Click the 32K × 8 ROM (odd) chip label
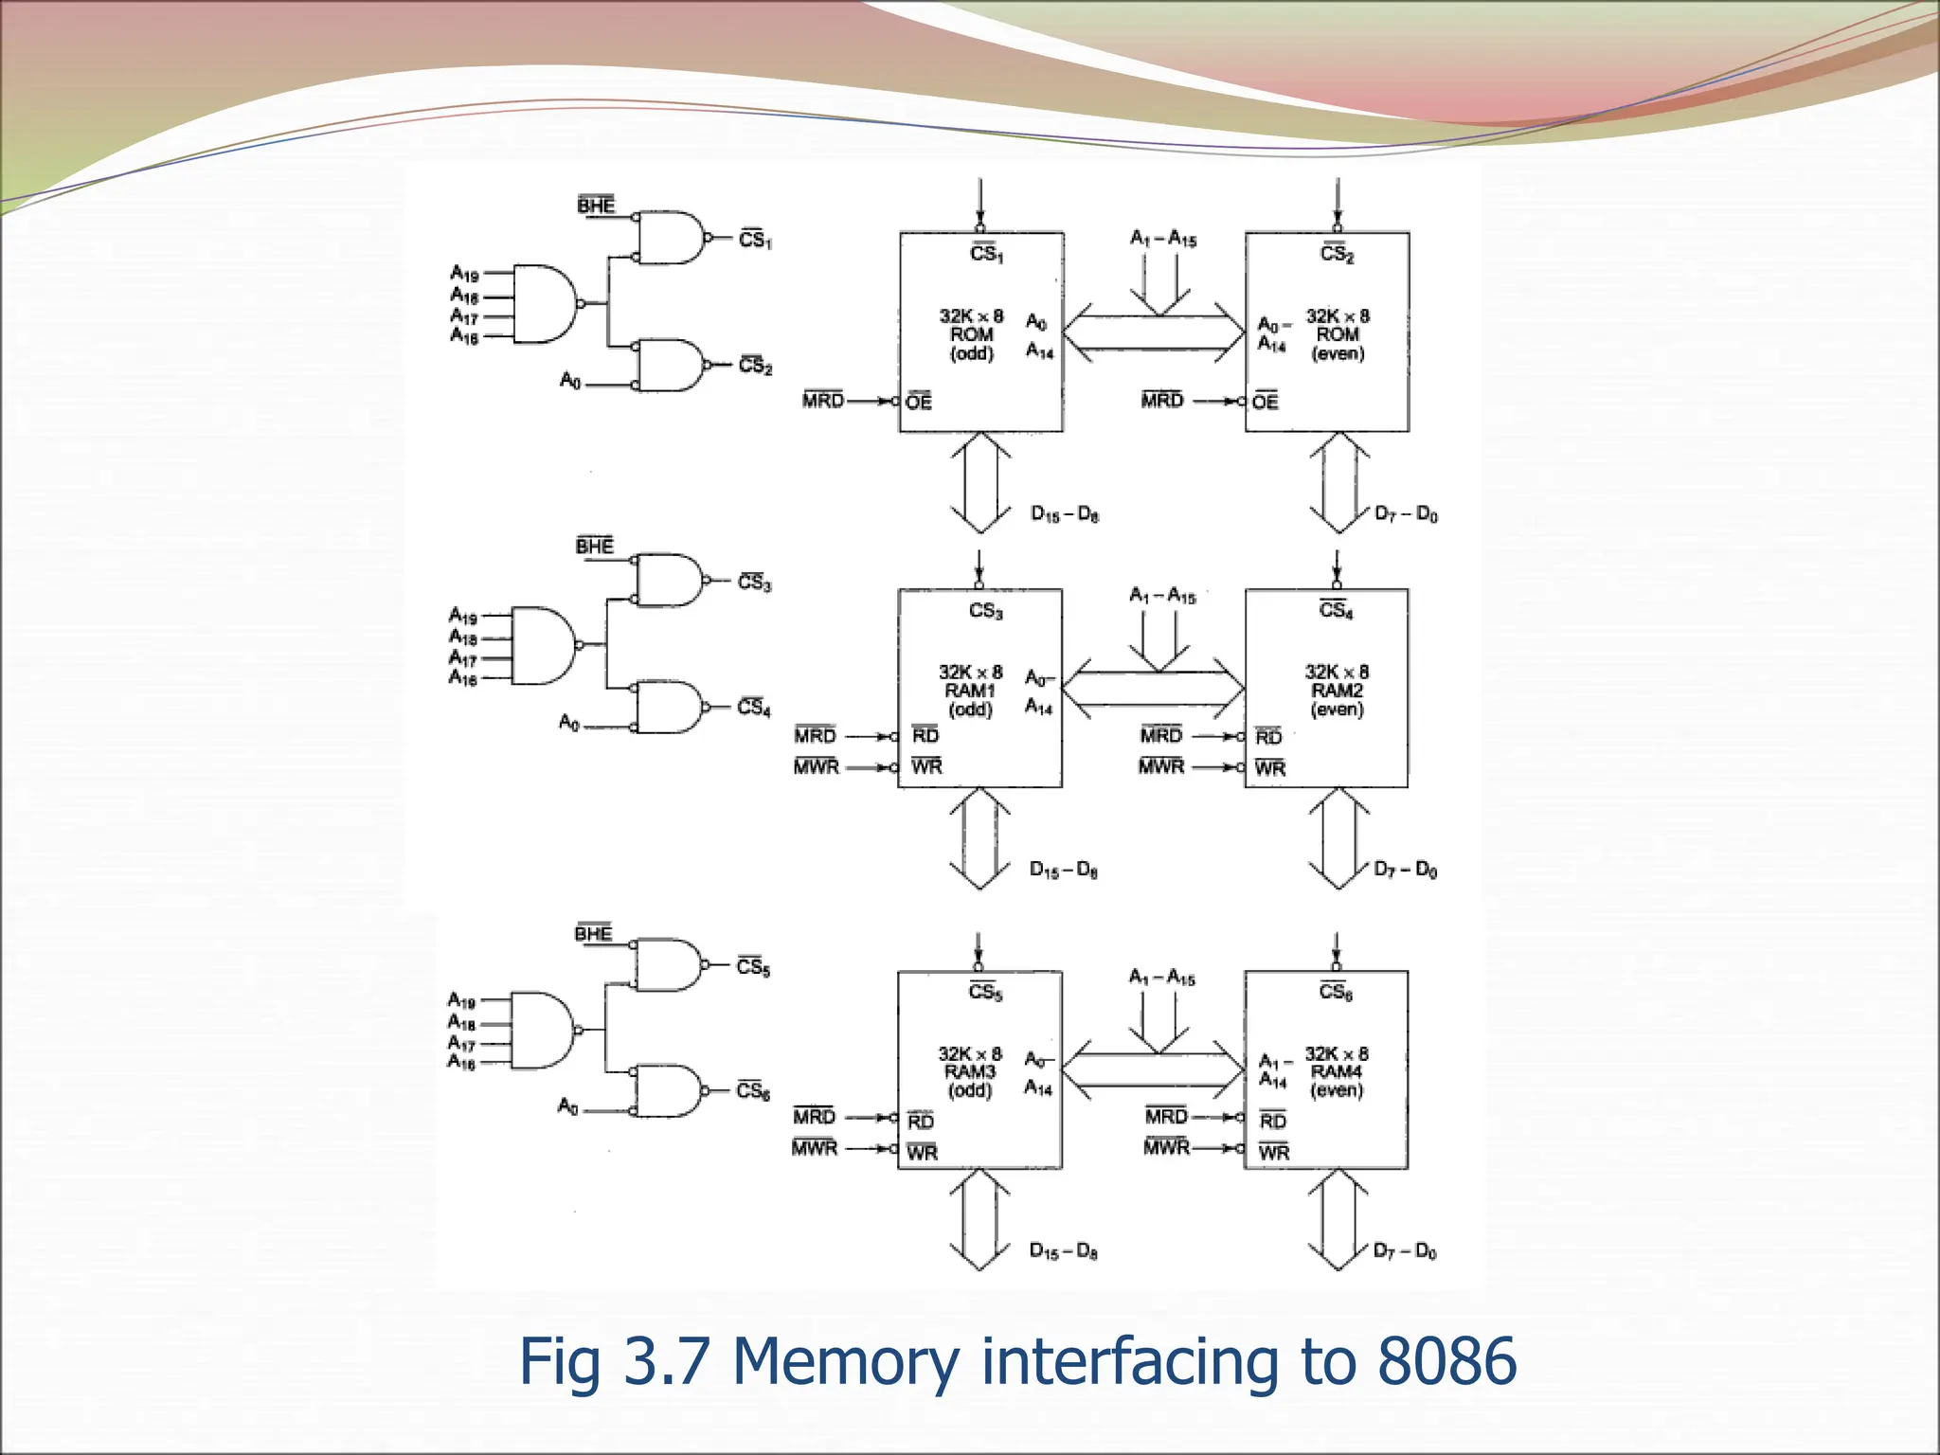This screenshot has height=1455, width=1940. (x=971, y=334)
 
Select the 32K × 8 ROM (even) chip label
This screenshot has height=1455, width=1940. (x=1338, y=334)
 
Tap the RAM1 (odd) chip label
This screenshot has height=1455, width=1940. (x=970, y=691)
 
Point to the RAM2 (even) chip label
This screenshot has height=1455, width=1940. (x=1337, y=691)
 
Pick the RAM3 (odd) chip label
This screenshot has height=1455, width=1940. (x=970, y=1072)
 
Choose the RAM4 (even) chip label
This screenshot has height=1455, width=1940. (x=1337, y=1072)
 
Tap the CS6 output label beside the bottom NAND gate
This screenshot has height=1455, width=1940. (x=753, y=1091)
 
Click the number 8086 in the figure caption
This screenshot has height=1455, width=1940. (x=1446, y=1361)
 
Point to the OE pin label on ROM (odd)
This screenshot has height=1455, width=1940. (x=919, y=402)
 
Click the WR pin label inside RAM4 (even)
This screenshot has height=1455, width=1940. (x=1274, y=1152)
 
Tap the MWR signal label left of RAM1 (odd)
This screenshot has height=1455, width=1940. (x=817, y=766)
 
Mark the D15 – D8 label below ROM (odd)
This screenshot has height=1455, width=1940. (x=1065, y=514)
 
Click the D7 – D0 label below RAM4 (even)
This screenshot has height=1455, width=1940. (x=1405, y=1251)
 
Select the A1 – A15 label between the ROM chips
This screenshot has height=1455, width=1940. (x=1163, y=238)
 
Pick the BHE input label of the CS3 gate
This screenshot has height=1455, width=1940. (x=595, y=546)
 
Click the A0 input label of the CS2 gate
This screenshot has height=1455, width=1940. (x=569, y=381)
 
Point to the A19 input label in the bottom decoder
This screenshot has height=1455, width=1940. (x=461, y=1000)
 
